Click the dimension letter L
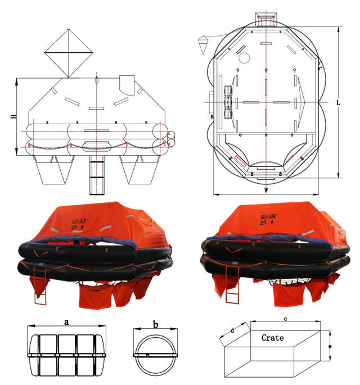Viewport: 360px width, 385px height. (x=338, y=103)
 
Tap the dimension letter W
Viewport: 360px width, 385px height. (x=266, y=190)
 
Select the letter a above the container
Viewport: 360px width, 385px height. (x=66, y=322)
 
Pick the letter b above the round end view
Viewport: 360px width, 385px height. (x=156, y=325)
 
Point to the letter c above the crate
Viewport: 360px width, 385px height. (x=286, y=319)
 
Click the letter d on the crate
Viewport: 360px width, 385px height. (x=232, y=330)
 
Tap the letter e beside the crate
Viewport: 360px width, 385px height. (x=330, y=346)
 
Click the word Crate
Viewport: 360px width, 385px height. (x=272, y=338)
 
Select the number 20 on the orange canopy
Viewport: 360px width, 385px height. (x=74, y=228)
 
